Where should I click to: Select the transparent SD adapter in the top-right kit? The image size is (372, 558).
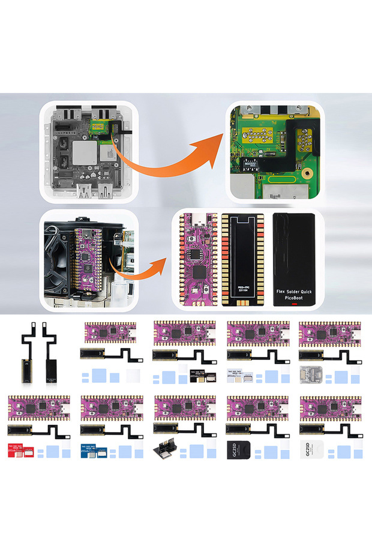307,376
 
